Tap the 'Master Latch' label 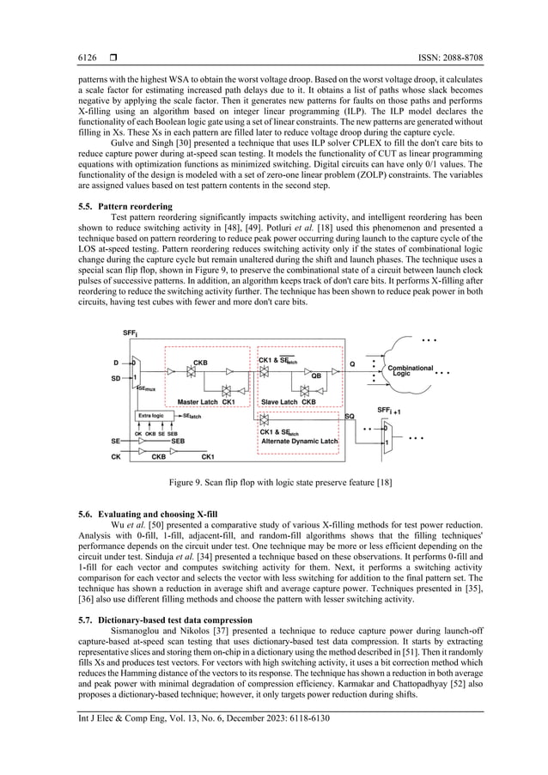click(x=198, y=401)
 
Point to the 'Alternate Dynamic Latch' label click(x=300, y=440)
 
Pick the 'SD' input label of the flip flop click(x=115, y=376)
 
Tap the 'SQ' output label click(x=350, y=416)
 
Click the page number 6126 click(x=77, y=58)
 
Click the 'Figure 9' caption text click(x=273, y=483)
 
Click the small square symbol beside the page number click(x=111, y=58)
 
